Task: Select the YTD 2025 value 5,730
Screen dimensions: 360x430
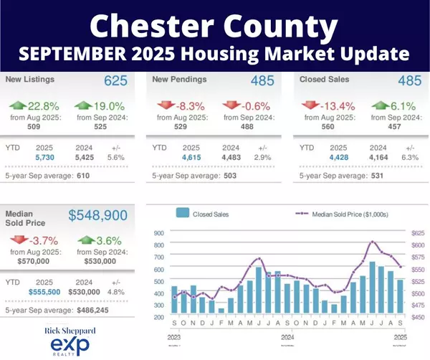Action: (x=44, y=156)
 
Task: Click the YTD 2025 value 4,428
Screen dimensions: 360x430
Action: (x=338, y=156)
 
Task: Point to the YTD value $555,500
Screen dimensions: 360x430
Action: (x=44, y=292)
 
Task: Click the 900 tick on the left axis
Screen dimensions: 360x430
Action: (x=158, y=232)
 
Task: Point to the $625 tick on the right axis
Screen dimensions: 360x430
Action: (x=416, y=232)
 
